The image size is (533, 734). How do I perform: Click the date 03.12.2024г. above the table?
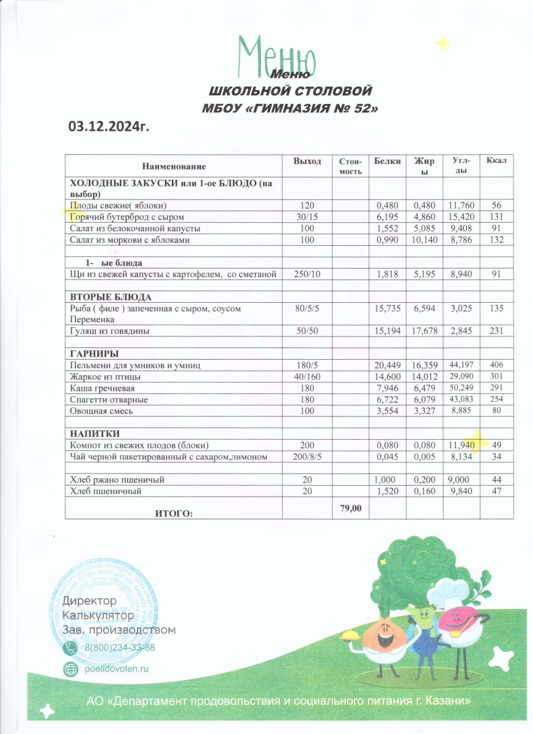click(109, 127)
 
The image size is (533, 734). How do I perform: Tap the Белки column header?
click(386, 161)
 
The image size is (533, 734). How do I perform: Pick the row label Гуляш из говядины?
click(110, 331)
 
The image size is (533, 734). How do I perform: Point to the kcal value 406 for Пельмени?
click(495, 365)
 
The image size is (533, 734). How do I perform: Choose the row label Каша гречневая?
click(102, 388)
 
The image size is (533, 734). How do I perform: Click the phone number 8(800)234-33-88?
click(120, 648)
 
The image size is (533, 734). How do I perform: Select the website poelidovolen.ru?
click(116, 669)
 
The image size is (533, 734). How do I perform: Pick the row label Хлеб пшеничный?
click(106, 491)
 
